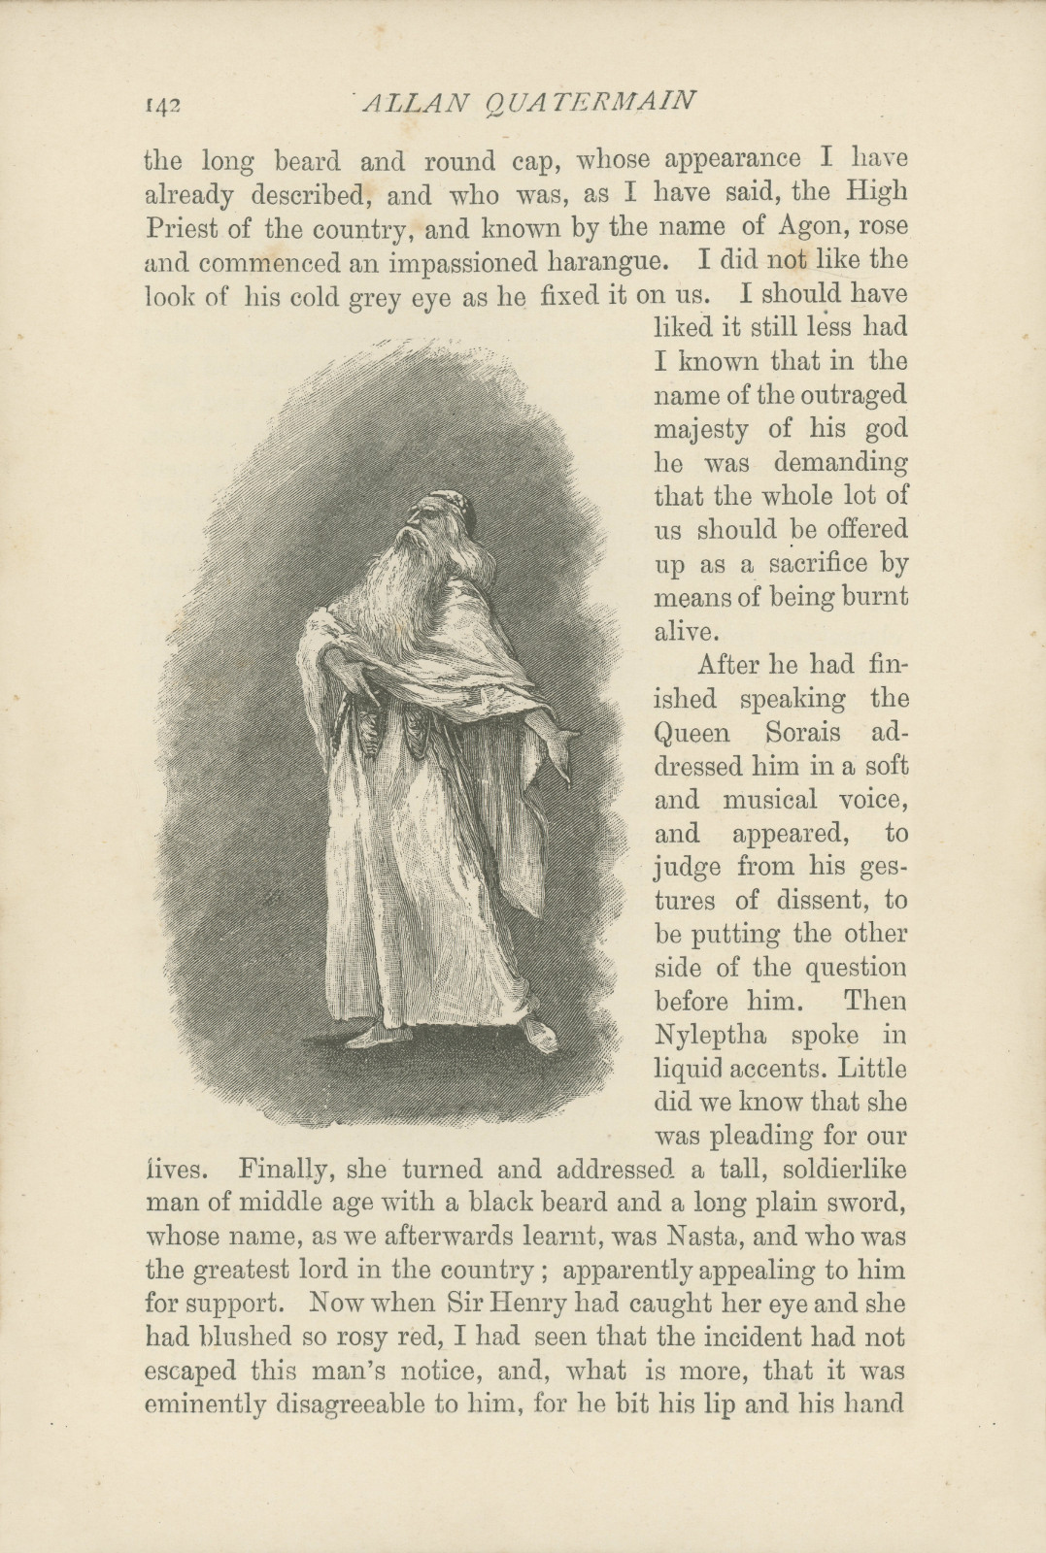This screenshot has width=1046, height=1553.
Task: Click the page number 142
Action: coord(164,103)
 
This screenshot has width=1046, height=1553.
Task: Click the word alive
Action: coord(687,631)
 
